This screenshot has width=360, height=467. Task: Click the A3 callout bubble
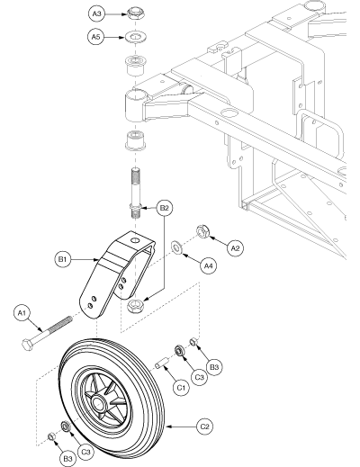pos(97,13)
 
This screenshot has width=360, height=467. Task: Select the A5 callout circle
pos(95,37)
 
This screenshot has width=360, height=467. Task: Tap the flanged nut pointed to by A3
pos(135,13)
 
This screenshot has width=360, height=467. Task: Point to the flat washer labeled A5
pos(135,37)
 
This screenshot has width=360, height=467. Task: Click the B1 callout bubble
pos(62,259)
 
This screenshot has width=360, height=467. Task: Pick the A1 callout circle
pos(22,313)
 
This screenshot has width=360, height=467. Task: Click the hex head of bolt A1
pos(27,345)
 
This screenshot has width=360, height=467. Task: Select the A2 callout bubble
pos(235,248)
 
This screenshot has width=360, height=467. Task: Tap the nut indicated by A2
pos(203,231)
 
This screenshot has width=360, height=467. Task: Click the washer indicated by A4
pos(176,247)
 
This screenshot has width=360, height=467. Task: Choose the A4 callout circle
pos(209,265)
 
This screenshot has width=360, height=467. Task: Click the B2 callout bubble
pos(165,208)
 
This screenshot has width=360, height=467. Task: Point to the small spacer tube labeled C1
pos(162,363)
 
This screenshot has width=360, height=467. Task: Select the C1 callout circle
pos(182,388)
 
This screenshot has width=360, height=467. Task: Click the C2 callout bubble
pos(204,427)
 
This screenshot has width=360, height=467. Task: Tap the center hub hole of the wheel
pos(98,402)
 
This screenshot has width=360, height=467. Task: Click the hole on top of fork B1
pos(136,240)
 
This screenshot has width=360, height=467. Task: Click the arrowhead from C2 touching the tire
pos(168,427)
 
